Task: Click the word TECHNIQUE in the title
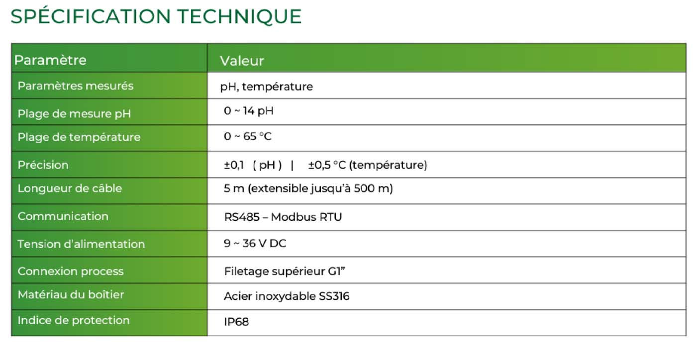point(240,16)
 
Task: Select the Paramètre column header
point(50,60)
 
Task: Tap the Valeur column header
point(242,61)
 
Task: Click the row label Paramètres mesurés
point(76,86)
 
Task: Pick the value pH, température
point(267,87)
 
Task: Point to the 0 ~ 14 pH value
point(249,110)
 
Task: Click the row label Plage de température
point(79,137)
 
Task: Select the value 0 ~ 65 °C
point(248,136)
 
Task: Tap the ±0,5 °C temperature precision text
point(327,165)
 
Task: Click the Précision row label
point(43,165)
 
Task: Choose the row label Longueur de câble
point(70,188)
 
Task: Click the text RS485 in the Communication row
point(241,217)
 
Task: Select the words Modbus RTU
point(306,217)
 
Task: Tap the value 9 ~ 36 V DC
point(255,243)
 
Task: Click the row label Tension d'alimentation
point(81,244)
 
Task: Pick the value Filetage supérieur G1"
point(285,271)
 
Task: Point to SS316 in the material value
point(334,296)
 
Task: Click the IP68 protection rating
point(236,322)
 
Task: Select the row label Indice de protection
point(74,320)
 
